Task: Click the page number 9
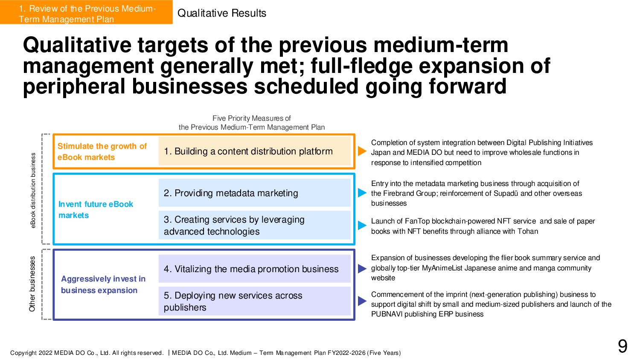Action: (x=623, y=346)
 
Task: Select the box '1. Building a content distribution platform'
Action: (x=254, y=151)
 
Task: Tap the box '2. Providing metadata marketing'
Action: (x=254, y=193)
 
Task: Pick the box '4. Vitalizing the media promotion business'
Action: (x=254, y=269)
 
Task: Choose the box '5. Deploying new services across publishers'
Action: (x=254, y=301)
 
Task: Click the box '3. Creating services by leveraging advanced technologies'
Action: (x=254, y=225)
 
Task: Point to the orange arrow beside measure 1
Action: (x=362, y=151)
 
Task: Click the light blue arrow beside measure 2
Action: (x=362, y=193)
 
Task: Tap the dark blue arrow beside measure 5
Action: (x=362, y=301)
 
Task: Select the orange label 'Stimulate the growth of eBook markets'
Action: (x=102, y=151)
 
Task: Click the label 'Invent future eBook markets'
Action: (x=96, y=209)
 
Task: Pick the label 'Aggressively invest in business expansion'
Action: (x=103, y=285)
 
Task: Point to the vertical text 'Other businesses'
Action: (x=32, y=284)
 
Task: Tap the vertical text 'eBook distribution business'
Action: (x=33, y=190)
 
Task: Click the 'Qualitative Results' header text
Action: (x=221, y=13)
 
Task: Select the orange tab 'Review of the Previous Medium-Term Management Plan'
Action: (x=86, y=14)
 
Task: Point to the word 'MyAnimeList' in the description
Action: (x=442, y=268)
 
